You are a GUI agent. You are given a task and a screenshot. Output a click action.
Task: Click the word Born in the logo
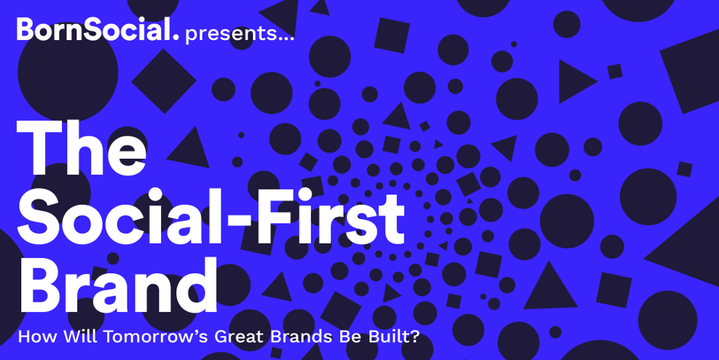coord(51,29)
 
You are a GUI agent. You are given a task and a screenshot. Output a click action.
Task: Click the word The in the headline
coord(81,148)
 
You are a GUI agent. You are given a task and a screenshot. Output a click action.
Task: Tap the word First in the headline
coord(330,216)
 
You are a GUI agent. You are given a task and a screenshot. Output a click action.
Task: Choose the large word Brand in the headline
coord(117,285)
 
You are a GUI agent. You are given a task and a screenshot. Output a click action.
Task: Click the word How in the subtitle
coord(38,337)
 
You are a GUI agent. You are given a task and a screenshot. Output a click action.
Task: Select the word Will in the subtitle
coord(81,337)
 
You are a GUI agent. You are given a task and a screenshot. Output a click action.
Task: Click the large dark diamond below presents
coord(164,81)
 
